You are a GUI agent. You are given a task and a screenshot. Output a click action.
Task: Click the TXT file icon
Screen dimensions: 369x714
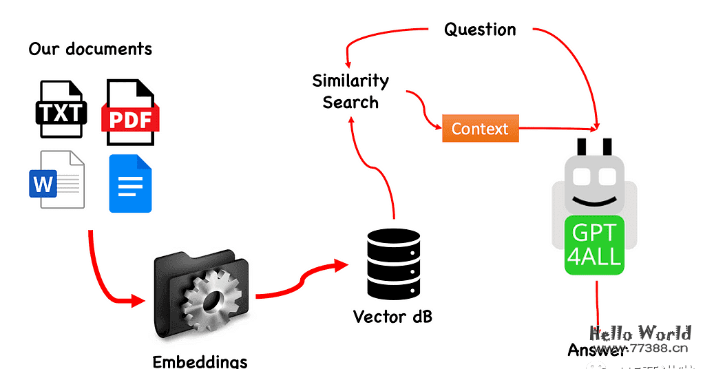click(x=61, y=109)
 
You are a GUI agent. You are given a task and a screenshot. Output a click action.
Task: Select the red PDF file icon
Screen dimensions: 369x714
click(x=130, y=113)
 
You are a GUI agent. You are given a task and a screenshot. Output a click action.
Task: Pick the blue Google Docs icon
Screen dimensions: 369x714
click(x=130, y=183)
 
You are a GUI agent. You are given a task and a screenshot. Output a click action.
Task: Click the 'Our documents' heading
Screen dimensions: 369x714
click(x=90, y=49)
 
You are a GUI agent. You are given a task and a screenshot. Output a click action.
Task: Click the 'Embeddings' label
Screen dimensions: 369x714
click(x=200, y=361)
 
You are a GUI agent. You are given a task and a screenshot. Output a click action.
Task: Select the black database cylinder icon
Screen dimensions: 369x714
click(x=393, y=261)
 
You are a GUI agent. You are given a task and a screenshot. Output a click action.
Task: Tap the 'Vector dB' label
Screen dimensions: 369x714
click(x=392, y=317)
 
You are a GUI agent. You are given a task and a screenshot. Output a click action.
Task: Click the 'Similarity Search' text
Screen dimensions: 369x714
click(x=350, y=92)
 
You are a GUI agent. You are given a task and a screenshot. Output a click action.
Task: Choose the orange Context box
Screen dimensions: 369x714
click(x=480, y=129)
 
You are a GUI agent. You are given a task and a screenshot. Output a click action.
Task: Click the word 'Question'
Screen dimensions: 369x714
click(x=480, y=30)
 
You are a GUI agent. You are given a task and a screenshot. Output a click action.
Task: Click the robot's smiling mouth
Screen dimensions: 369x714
click(x=594, y=200)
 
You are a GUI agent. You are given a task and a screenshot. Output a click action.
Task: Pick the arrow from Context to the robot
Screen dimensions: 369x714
click(x=558, y=128)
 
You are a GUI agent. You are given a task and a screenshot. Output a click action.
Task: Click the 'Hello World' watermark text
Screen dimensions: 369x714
click(x=640, y=333)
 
